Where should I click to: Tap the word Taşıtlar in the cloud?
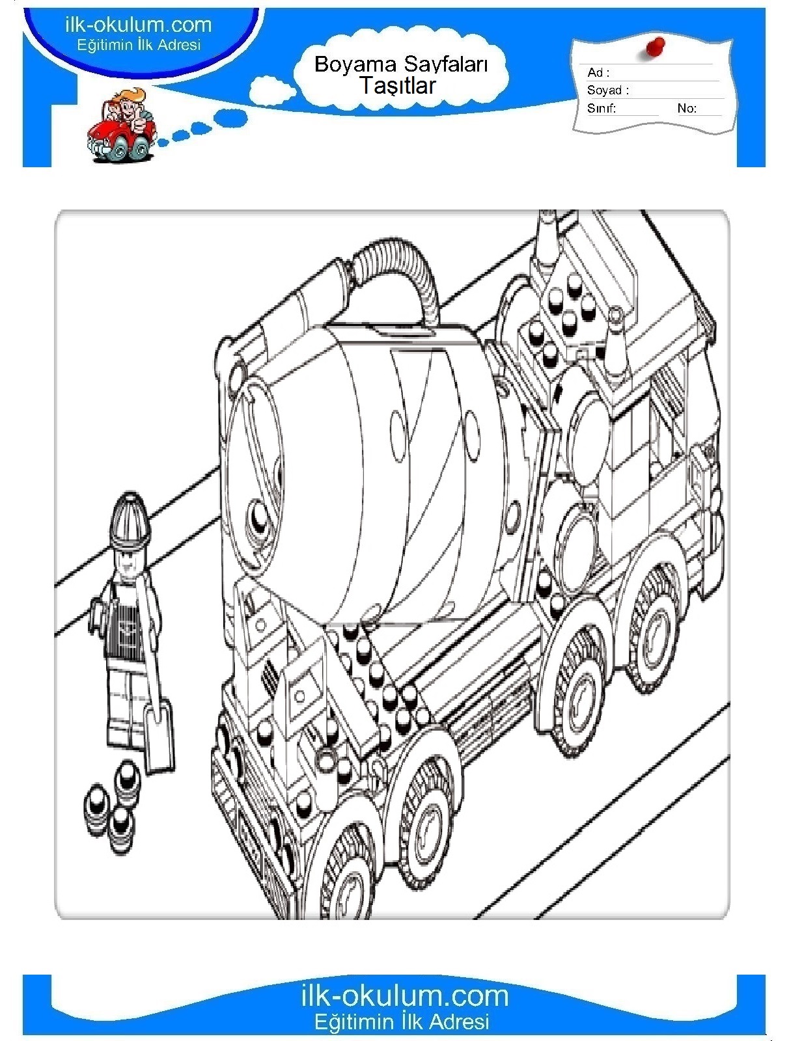(x=398, y=86)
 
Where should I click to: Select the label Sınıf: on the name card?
(x=601, y=108)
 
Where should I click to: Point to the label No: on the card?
(x=687, y=108)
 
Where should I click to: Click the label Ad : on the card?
(x=598, y=73)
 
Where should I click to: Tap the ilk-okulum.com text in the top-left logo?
(x=139, y=25)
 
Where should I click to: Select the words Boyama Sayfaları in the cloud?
(x=401, y=64)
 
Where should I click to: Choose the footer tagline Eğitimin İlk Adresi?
(x=402, y=1021)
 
